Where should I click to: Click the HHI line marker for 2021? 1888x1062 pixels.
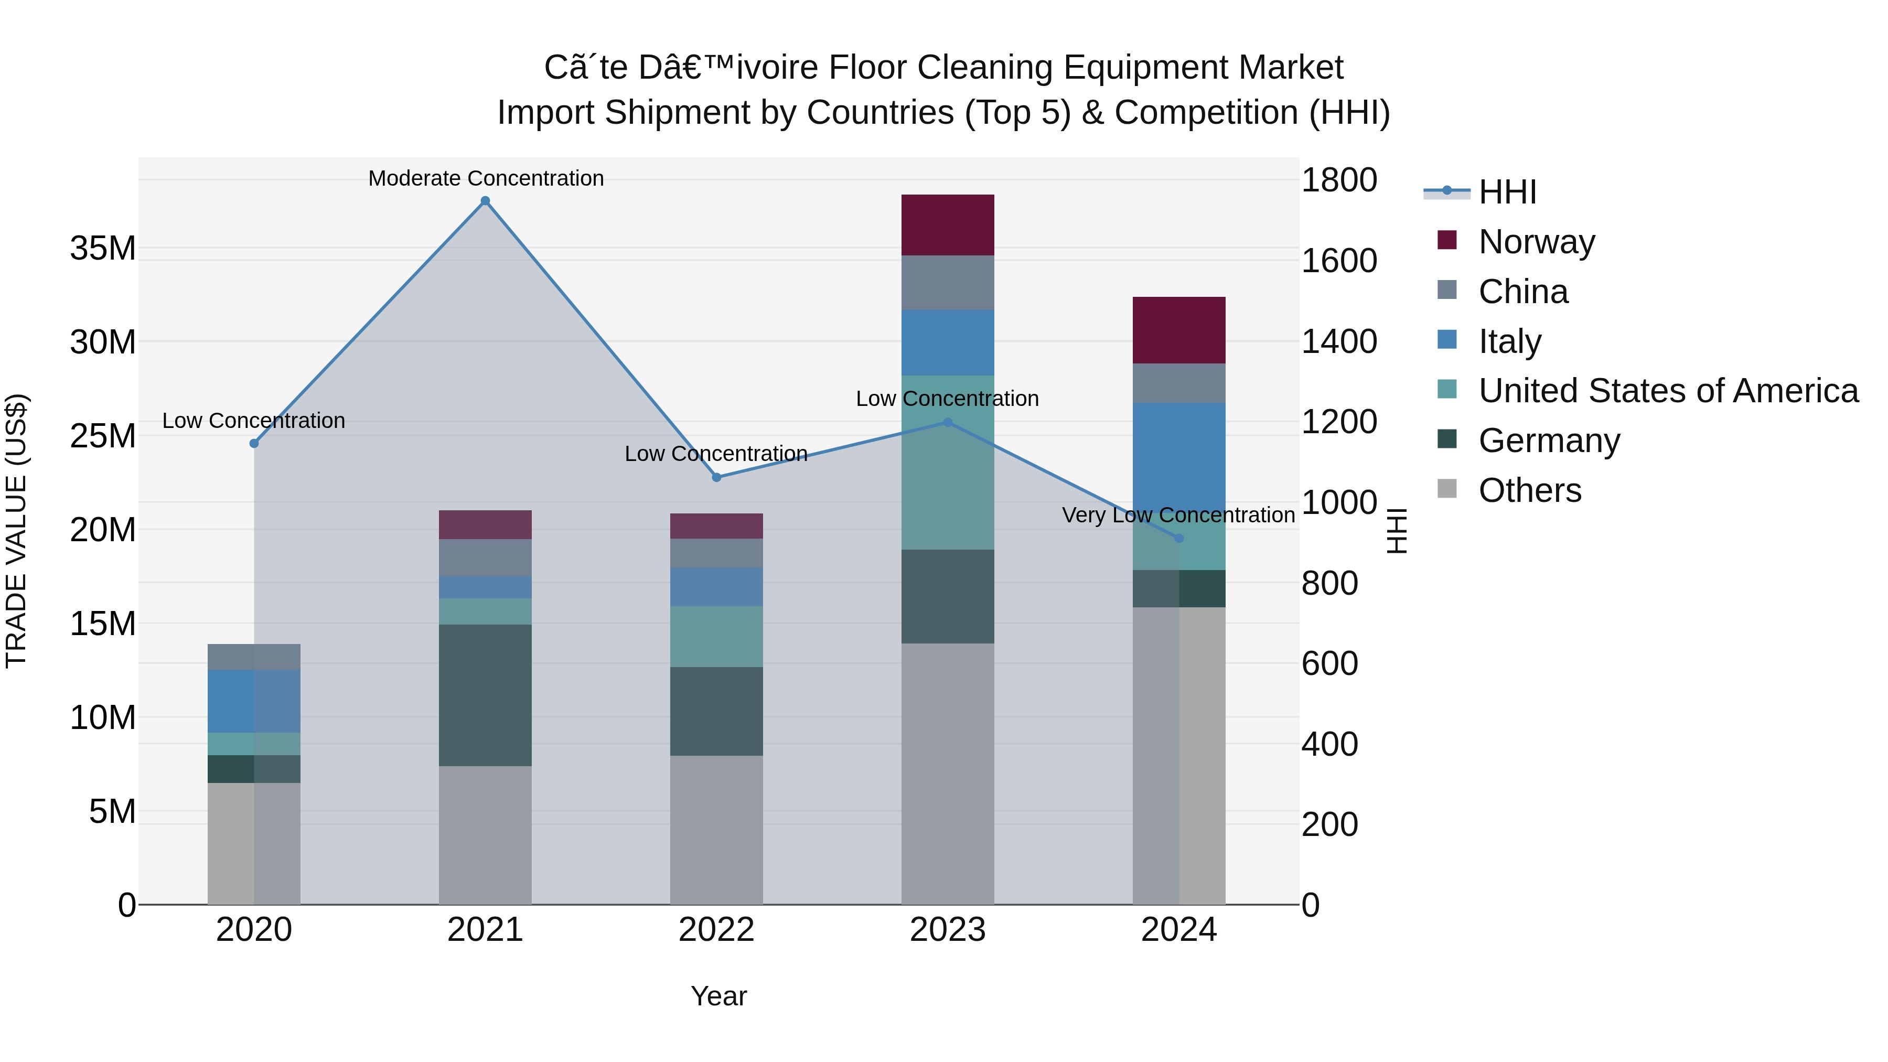485,201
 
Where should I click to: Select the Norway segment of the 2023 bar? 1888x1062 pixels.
947,225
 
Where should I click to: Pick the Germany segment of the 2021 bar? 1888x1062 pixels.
485,695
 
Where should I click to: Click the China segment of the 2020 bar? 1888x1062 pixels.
254,657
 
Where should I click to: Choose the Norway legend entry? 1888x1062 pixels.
1536,242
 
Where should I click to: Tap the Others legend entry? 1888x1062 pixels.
1530,490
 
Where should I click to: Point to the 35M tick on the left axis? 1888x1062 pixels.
103,249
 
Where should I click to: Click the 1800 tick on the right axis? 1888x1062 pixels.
1339,180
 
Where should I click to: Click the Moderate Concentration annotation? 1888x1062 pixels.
486,178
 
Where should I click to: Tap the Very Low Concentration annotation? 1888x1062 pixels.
1178,515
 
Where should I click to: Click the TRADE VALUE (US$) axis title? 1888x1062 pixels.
16,531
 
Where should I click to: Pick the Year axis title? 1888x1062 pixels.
718,996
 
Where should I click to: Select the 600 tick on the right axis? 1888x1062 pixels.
1329,663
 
